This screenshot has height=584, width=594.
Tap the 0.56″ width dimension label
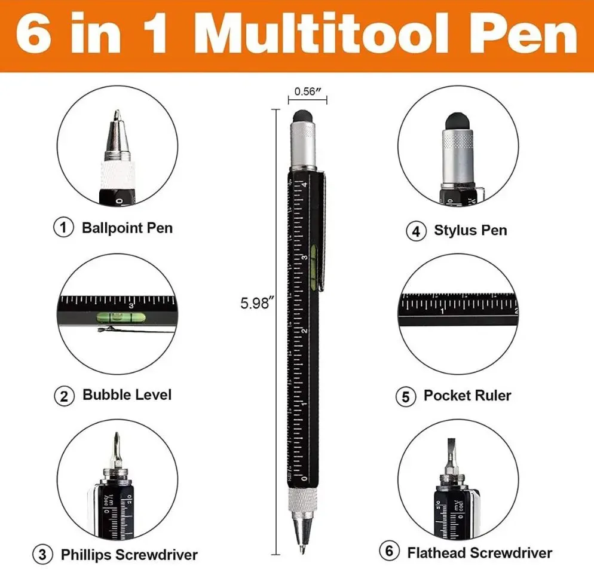pyautogui.click(x=308, y=91)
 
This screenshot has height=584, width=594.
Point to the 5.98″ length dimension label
pyautogui.click(x=257, y=303)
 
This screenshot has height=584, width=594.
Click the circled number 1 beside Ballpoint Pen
pyautogui.click(x=63, y=228)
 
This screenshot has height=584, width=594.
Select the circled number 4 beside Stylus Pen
pyautogui.click(x=416, y=231)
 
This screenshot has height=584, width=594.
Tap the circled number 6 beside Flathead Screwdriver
pyautogui.click(x=389, y=551)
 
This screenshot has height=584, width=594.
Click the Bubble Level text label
pyautogui.click(x=127, y=395)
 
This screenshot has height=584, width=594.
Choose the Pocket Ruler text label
pyautogui.click(x=467, y=395)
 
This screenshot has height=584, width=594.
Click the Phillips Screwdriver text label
pyautogui.click(x=129, y=555)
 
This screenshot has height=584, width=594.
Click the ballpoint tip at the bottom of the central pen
pyautogui.click(x=302, y=549)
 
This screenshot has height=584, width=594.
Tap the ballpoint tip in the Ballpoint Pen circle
pyautogui.click(x=117, y=114)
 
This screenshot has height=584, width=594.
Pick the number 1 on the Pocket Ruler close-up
pyautogui.click(x=442, y=311)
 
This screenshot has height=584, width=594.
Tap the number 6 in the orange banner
pyautogui.click(x=33, y=35)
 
